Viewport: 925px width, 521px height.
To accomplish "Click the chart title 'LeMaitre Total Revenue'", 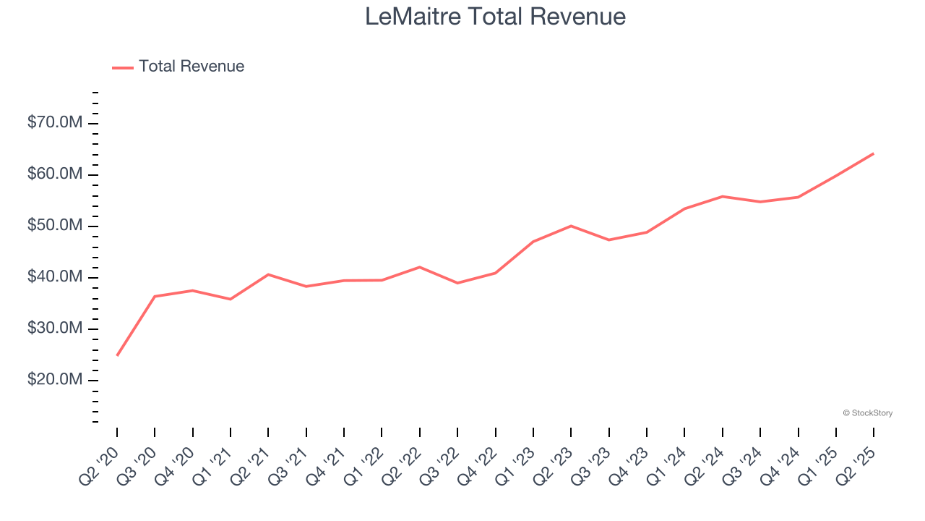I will click(495, 16).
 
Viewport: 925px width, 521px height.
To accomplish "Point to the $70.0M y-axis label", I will click(54, 123).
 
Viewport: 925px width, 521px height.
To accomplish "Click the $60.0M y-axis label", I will click(54, 174).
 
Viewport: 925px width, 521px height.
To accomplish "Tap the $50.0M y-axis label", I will click(54, 226).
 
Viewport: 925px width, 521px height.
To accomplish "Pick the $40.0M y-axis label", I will click(54, 277).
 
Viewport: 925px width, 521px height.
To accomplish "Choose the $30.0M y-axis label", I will click(54, 329).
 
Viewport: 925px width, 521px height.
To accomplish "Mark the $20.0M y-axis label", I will click(54, 380).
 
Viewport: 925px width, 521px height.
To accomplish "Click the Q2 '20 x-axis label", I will click(100, 464).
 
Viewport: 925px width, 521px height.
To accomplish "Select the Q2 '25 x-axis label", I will click(856, 464).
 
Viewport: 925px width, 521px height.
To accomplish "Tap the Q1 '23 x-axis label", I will click(516, 464).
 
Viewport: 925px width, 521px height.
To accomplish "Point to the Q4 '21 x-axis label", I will click(327, 464).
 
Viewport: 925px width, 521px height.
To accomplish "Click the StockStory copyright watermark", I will click(867, 413).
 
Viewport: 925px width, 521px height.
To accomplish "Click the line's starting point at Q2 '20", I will click(117, 355).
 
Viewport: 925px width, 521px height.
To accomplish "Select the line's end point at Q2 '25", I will click(874, 153).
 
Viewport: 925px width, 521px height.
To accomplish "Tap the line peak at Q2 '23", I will click(571, 226).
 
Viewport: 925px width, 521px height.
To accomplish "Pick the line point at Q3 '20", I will click(155, 296).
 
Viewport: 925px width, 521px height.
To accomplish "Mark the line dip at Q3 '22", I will click(457, 283).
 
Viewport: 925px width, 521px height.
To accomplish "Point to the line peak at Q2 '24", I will click(722, 196).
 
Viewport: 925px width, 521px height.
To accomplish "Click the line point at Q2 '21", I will click(268, 274).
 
